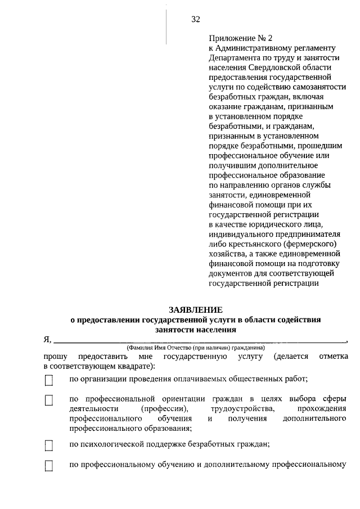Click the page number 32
[195, 20]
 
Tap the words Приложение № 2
[232, 39]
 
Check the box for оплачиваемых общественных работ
[49, 381]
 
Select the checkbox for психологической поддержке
[49, 446]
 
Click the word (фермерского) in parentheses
[308, 245]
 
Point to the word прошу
[55, 357]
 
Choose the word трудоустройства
[242, 408]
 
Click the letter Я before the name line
[47, 340]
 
